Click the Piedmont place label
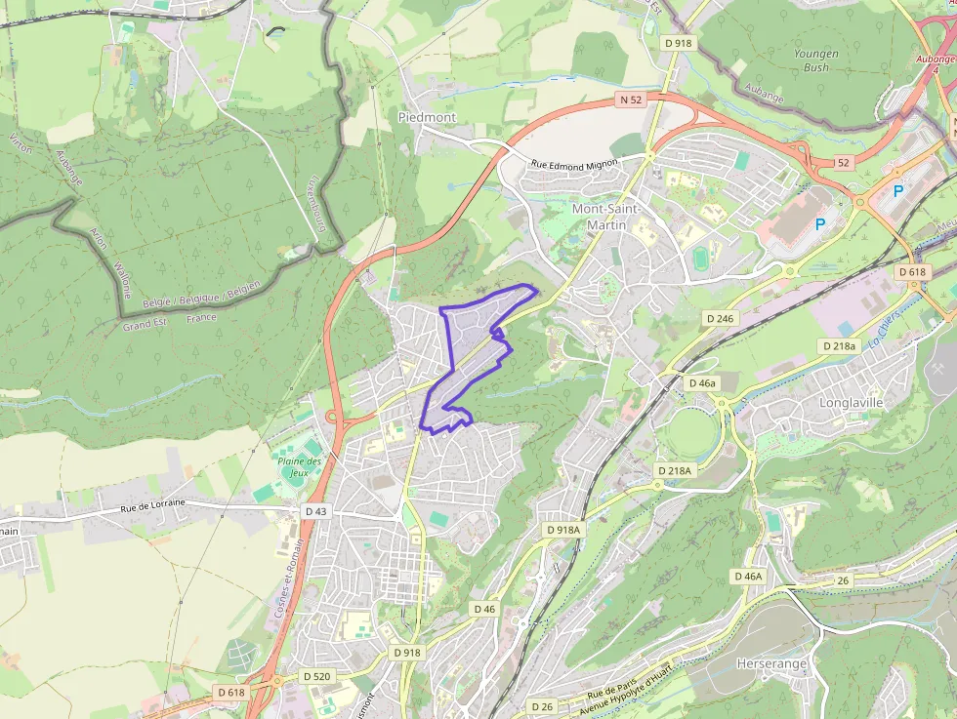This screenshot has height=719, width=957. [x=427, y=117]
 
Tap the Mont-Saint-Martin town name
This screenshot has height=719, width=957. [x=605, y=218]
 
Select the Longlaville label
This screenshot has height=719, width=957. [x=851, y=402]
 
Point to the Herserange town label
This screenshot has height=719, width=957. [x=771, y=663]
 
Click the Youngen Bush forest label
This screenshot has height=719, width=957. [x=815, y=60]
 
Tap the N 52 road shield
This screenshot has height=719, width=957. [x=631, y=100]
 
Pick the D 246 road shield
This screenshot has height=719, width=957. [x=720, y=318]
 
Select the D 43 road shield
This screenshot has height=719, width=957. [x=315, y=511]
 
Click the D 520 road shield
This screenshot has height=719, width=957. [x=316, y=676]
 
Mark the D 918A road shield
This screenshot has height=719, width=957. [x=562, y=529]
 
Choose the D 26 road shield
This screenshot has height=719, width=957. [x=541, y=705]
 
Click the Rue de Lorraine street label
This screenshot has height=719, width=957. [x=152, y=506]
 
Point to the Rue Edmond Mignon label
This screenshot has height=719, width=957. [x=574, y=166]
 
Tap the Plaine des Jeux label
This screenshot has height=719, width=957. [x=299, y=467]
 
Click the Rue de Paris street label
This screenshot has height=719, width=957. [x=611, y=695]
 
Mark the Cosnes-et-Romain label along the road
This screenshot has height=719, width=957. [x=290, y=579]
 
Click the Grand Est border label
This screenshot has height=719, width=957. [x=145, y=324]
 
